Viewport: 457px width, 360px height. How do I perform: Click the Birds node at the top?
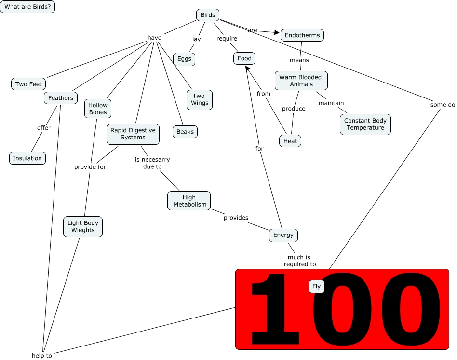[x=208, y=15]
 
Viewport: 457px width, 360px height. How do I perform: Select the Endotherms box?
[x=302, y=35]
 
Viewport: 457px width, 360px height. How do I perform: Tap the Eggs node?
[x=184, y=59]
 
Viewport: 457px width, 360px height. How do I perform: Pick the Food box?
[x=244, y=58]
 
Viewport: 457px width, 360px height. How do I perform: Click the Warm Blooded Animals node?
[x=301, y=81]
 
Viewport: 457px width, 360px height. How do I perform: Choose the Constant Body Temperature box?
[x=364, y=125]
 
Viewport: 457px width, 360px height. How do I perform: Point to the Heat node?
[x=290, y=141]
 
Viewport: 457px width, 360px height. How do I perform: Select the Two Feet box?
[x=28, y=84]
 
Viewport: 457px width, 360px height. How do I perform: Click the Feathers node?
[x=61, y=98]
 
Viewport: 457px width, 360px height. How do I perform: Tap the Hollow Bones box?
[x=98, y=109]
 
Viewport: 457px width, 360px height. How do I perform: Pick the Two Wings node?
[x=200, y=99]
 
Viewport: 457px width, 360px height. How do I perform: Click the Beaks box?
[x=185, y=131]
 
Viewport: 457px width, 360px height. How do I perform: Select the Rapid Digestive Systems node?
[x=133, y=134]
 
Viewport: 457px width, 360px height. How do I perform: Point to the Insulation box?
[x=27, y=158]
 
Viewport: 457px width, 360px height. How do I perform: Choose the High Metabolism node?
[x=189, y=201]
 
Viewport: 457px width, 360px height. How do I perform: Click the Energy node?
[x=283, y=235]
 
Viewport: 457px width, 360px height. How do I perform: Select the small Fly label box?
[x=316, y=287]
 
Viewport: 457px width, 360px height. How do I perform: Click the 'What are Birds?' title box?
[x=27, y=7]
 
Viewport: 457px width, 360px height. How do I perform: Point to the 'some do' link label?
[x=443, y=104]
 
